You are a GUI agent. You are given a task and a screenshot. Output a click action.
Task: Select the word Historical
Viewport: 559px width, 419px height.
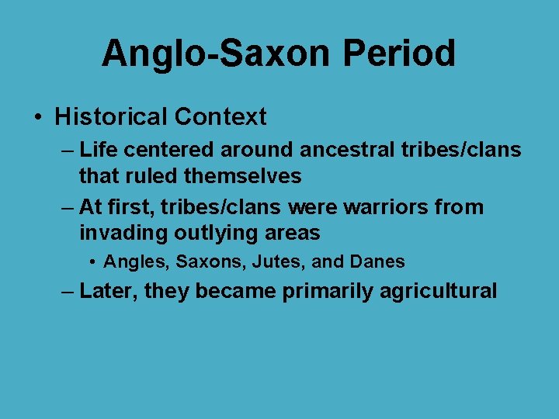(x=111, y=117)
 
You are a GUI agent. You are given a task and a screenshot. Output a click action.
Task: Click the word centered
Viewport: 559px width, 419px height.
(x=170, y=148)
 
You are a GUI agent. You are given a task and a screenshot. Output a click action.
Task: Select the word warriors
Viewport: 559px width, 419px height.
(x=389, y=207)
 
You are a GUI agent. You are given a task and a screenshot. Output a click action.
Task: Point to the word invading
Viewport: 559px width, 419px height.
(x=124, y=234)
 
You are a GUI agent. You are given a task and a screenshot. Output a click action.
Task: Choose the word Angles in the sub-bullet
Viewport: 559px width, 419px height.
(x=137, y=262)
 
